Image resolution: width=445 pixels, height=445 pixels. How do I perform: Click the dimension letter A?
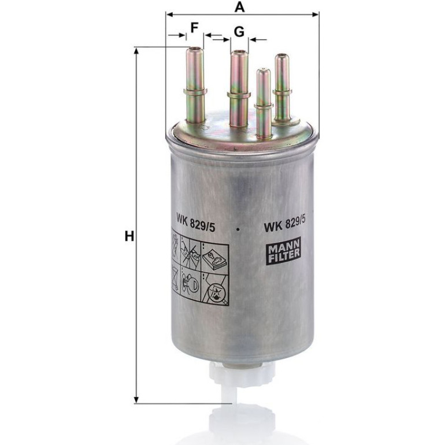[239, 7]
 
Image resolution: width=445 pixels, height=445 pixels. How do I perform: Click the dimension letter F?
[194, 28]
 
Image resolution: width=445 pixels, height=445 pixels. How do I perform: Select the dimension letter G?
[239, 32]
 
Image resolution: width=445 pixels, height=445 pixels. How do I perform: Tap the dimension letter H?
[129, 236]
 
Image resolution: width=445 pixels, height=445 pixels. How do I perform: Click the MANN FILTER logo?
[284, 251]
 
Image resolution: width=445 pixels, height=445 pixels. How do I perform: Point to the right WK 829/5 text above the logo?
[285, 222]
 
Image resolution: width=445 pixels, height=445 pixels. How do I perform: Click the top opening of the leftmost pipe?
[194, 49]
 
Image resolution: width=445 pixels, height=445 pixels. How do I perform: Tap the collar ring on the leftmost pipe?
[195, 92]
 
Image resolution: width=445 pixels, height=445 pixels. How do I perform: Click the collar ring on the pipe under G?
[239, 95]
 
